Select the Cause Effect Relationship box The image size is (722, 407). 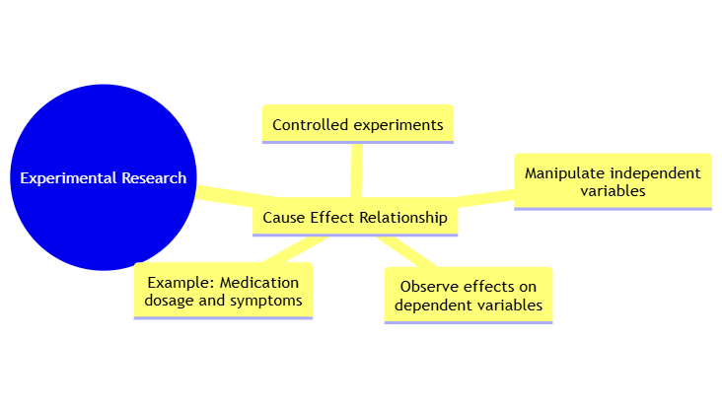pyautogui.click(x=355, y=217)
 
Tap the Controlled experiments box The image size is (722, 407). pyautogui.click(x=357, y=125)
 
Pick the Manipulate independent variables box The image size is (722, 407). pyautogui.click(x=613, y=181)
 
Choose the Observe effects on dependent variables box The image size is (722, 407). pyautogui.click(x=469, y=296)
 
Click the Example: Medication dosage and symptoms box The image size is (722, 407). pyautogui.click(x=223, y=291)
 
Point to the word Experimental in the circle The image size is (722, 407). pyautogui.click(x=66, y=178)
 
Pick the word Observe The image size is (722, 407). pyautogui.click(x=428, y=287)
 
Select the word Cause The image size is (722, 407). pyautogui.click(x=284, y=217)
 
